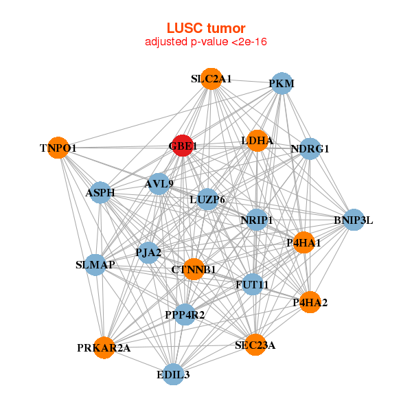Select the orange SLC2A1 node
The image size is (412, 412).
212,79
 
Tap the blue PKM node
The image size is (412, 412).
282,84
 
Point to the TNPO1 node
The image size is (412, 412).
59,148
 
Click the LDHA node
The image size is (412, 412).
257,141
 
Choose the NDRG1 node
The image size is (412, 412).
310,148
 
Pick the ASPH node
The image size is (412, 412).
100,193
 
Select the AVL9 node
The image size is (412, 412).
159,183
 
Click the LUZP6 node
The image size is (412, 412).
207,199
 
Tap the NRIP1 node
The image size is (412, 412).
257,220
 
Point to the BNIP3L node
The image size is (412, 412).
354,220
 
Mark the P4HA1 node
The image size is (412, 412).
304,242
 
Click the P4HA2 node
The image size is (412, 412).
310,302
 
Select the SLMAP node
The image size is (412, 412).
95,264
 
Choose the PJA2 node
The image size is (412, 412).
149,253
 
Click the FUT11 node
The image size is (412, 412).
252,284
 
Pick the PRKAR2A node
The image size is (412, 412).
104,348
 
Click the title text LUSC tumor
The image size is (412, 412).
206,28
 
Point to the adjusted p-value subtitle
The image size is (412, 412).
206,43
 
